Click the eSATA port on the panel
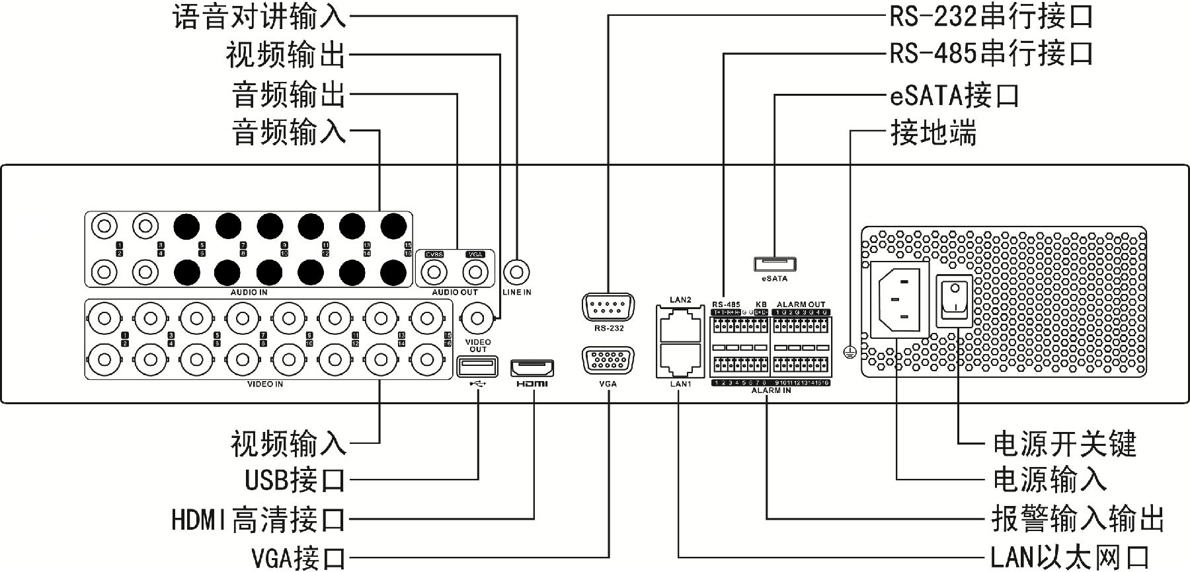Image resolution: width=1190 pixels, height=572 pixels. (x=774, y=264)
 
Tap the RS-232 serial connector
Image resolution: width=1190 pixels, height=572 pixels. (x=608, y=308)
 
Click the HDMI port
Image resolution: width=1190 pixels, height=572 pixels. (x=532, y=368)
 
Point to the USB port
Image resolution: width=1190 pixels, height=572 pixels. (x=477, y=366)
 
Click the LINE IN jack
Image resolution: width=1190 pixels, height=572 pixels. (x=516, y=271)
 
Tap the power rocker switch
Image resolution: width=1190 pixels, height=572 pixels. (x=953, y=301)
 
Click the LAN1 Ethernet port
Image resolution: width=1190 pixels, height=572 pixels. (x=680, y=360)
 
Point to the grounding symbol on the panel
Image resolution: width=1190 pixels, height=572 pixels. (x=851, y=353)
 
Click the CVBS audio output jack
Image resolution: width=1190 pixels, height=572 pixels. (x=434, y=272)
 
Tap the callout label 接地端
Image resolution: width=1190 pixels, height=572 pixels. (x=933, y=133)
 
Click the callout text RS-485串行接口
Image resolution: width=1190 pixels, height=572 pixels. (x=991, y=54)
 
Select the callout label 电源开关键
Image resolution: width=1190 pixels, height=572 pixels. (x=1064, y=443)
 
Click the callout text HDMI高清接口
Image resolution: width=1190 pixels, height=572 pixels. (x=258, y=520)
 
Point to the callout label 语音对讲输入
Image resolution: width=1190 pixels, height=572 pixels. (x=259, y=16)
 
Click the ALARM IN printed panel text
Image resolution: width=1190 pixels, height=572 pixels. (x=771, y=391)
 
